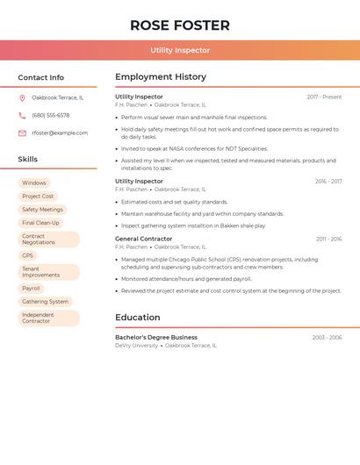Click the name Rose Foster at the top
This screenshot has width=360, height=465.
tap(180, 25)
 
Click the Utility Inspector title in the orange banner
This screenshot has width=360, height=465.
tap(180, 50)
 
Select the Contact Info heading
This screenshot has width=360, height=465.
tap(41, 77)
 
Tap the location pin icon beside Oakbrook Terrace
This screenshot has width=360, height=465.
tap(22, 97)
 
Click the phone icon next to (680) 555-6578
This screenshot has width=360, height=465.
tap(22, 115)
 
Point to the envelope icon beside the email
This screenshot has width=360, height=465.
tap(22, 133)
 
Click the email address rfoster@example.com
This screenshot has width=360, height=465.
tap(60, 133)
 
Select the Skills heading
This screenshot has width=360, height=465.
tap(28, 160)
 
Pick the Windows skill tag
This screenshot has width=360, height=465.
tap(34, 183)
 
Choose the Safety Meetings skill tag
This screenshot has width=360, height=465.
tap(42, 210)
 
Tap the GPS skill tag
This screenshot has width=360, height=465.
tap(28, 255)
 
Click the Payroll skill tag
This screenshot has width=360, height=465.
tap(31, 288)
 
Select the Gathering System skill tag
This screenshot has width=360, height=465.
tap(45, 301)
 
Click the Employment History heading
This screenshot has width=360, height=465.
tap(161, 77)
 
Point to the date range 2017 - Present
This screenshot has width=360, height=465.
tap(324, 97)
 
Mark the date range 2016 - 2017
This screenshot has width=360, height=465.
tap(328, 182)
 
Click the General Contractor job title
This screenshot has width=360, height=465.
tap(144, 239)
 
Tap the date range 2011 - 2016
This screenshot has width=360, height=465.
tap(328, 239)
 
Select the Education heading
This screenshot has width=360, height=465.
tap(138, 318)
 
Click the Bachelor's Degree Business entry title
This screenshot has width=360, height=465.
tap(156, 337)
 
